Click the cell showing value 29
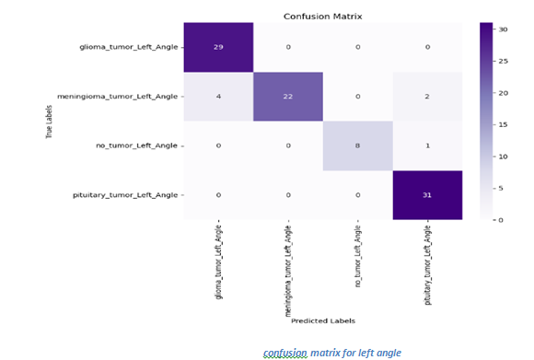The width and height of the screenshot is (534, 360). pos(217,47)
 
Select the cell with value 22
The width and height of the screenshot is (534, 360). pos(287,97)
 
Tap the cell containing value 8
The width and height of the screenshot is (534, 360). pos(357,145)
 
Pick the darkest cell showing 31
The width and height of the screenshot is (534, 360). pos(427,195)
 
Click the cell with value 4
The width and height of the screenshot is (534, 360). pos(217,97)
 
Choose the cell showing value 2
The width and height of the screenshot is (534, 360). pos(427,97)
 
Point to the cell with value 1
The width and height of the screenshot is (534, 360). pos(427,145)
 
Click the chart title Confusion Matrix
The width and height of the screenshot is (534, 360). pos(322,16)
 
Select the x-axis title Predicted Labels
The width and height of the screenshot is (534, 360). pos(322,320)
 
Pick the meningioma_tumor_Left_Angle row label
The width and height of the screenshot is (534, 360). pos(117,97)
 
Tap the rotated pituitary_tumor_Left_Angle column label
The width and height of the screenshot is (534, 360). pos(427,266)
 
